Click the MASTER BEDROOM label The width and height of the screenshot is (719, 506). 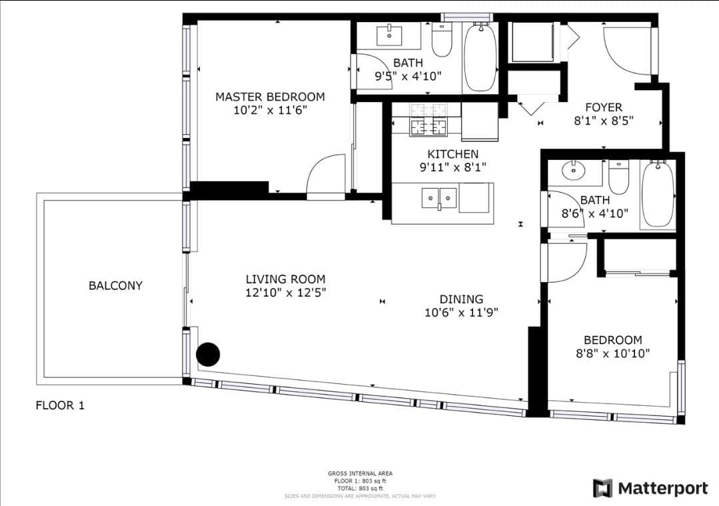coord(270,97)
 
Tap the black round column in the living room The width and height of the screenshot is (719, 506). coord(208,354)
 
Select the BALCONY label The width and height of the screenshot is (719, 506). coord(115,285)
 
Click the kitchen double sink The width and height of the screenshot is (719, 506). coord(439,198)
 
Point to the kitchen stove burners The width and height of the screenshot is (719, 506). coord(428,119)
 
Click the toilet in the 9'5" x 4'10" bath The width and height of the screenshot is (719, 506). coord(442,41)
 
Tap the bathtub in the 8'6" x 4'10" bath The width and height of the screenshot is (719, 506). coord(658,193)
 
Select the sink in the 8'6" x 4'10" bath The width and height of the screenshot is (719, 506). coord(574,171)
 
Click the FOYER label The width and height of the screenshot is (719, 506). coord(604,107)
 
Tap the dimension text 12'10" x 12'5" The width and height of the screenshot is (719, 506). coord(286,292)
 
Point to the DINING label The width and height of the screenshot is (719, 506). coord(461,299)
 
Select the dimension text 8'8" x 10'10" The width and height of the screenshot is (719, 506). coord(612,353)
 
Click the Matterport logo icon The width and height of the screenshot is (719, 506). coord(602,488)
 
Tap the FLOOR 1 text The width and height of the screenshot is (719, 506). coord(60,405)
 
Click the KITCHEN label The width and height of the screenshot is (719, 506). coord(453,154)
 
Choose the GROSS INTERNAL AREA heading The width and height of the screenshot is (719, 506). coord(360,473)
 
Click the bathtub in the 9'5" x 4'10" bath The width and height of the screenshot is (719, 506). coord(480,57)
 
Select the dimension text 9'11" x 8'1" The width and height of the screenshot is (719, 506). coord(453,167)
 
